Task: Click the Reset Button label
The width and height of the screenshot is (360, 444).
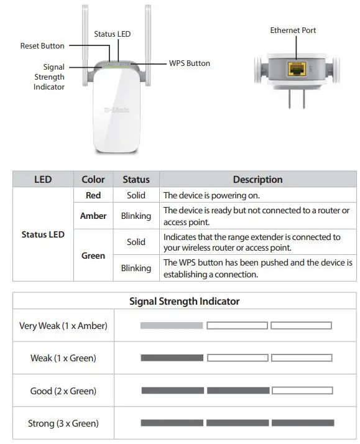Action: click(42, 45)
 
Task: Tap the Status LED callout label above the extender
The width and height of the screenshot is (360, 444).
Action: click(112, 34)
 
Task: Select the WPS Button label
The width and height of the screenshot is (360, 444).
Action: click(190, 63)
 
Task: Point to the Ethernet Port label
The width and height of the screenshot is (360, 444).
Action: click(293, 30)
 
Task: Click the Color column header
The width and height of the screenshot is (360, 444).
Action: click(93, 179)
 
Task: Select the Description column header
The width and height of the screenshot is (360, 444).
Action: click(257, 179)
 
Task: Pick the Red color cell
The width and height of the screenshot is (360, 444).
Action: click(93, 195)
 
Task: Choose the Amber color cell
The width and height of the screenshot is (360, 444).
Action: click(93, 216)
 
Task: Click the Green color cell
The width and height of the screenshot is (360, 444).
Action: click(93, 255)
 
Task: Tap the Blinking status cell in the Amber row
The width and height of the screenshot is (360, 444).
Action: click(136, 216)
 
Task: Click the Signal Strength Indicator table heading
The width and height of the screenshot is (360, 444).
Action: click(184, 301)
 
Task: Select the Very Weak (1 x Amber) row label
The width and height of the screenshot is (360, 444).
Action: click(63, 325)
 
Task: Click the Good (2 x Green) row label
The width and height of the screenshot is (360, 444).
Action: click(63, 391)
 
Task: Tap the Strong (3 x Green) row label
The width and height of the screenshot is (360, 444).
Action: click(63, 423)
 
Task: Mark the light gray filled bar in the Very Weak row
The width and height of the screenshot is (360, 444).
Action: click(172, 325)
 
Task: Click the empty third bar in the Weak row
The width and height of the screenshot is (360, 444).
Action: click(302, 358)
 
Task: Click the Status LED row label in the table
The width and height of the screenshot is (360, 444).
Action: click(43, 235)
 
